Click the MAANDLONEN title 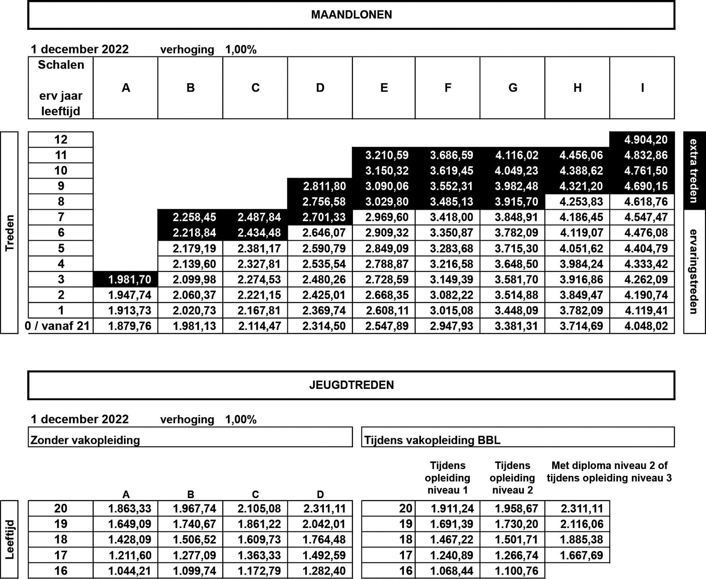click(x=351, y=15)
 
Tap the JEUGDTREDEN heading click(x=351, y=385)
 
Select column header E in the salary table click(x=384, y=88)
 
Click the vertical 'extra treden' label click(x=694, y=171)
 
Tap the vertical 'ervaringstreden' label click(x=694, y=271)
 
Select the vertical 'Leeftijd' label click(x=10, y=539)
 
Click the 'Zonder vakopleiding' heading click(x=85, y=440)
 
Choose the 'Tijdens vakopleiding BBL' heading click(x=432, y=440)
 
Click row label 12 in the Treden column click(x=61, y=139)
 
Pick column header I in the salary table click(x=642, y=88)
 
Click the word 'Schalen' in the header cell click(x=61, y=65)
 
